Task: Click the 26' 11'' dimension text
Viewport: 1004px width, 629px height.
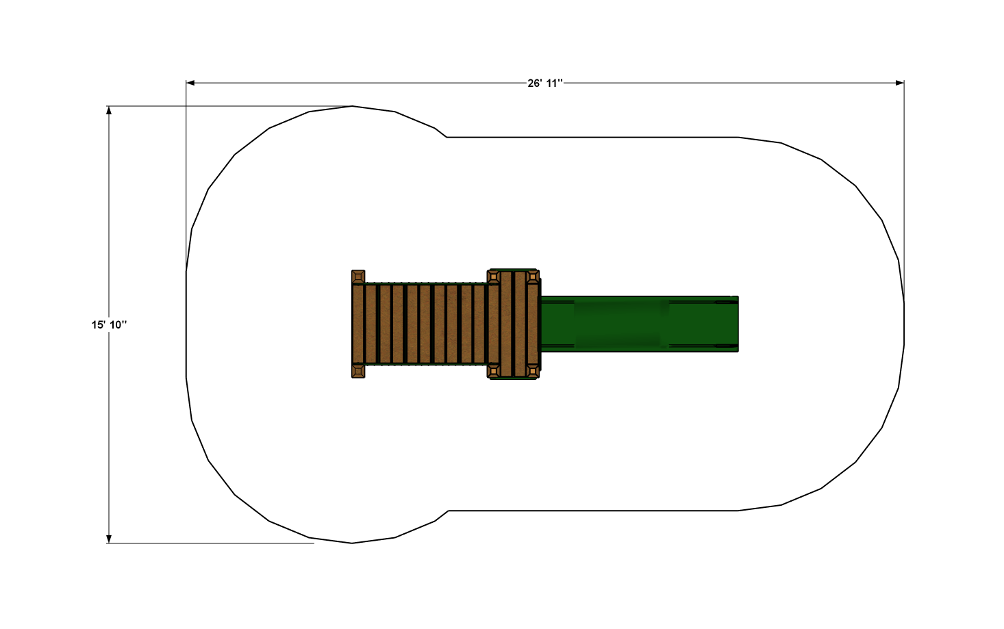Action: (x=545, y=83)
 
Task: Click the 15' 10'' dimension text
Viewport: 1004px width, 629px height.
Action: (x=109, y=324)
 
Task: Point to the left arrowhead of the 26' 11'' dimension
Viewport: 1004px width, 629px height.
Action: (x=190, y=83)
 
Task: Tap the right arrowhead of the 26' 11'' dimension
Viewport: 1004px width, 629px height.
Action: (x=900, y=83)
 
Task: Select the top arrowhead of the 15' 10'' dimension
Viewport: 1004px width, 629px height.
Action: (x=109, y=110)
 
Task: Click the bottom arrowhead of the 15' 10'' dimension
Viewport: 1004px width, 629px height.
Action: (x=109, y=539)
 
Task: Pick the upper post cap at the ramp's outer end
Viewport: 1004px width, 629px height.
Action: (x=358, y=277)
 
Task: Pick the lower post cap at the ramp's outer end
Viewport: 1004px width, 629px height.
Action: (x=358, y=371)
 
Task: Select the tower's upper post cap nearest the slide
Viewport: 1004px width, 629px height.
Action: (x=533, y=277)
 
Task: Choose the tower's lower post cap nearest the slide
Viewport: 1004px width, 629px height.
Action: (x=533, y=371)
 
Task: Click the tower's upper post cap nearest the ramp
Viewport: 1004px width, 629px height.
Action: (x=494, y=277)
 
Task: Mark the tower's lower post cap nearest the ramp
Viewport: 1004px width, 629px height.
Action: (x=494, y=371)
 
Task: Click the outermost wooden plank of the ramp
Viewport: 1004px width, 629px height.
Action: (x=357, y=324)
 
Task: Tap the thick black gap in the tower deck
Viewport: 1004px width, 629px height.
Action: (x=514, y=324)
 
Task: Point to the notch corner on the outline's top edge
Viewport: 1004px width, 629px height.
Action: (x=447, y=137)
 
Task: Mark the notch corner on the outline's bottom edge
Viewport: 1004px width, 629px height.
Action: (x=448, y=511)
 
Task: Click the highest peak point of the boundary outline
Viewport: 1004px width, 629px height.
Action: (x=352, y=106)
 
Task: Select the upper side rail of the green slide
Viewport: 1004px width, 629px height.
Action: (x=637, y=299)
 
